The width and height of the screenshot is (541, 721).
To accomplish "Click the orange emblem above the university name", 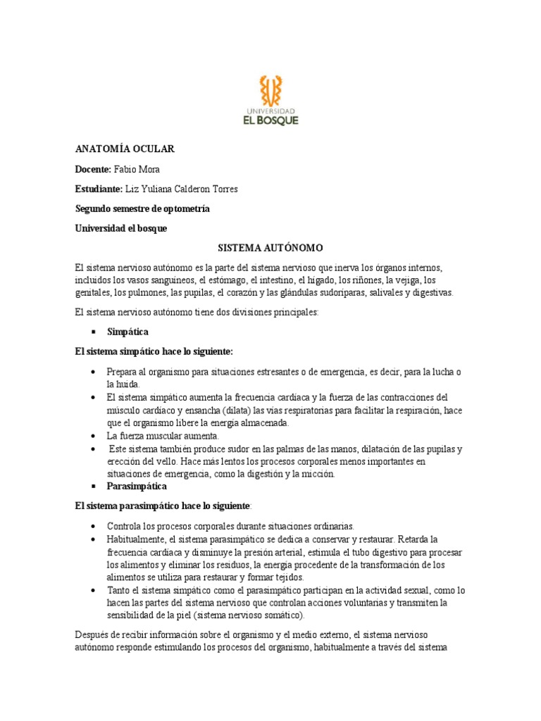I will tap(270, 89).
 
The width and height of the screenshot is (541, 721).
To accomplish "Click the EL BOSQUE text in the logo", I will tap(270, 120).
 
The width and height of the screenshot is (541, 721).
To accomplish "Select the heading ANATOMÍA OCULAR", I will tap(125, 149).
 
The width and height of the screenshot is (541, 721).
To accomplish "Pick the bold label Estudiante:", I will tap(99, 189).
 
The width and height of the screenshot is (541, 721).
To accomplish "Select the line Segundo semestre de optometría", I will tap(142, 209).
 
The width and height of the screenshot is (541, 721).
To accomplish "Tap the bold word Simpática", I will tap(128, 331).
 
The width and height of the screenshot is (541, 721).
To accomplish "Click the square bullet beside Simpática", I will tap(93, 331).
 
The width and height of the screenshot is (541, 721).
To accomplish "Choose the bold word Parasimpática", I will tap(137, 486).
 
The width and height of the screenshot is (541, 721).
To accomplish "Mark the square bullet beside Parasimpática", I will tap(93, 486).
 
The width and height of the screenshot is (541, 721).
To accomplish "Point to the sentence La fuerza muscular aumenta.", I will tap(164, 436).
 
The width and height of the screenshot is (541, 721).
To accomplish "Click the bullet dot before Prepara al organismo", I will tap(93, 372).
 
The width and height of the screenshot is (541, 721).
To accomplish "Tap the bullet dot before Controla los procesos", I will tap(93, 526).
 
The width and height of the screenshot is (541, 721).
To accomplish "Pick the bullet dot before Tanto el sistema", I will tap(93, 590).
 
